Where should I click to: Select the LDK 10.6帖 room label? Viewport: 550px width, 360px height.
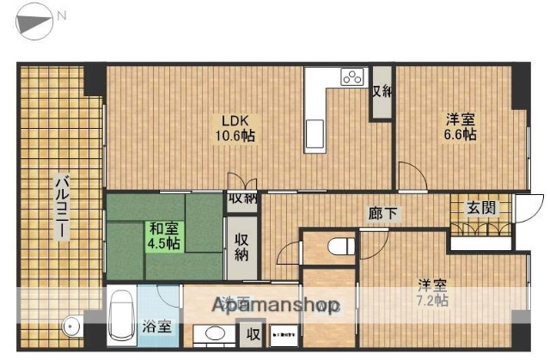pos(233,128)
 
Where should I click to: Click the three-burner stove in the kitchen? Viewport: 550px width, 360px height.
pos(353,77)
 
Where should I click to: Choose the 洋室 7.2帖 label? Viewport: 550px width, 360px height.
pos(432,292)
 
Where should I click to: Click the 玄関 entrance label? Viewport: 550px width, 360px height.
pos(480,207)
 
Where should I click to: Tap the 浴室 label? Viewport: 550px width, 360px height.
pos(157,326)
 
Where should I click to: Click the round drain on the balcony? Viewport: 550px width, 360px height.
pos(72,325)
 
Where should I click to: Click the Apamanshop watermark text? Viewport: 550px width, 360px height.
pos(276,305)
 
